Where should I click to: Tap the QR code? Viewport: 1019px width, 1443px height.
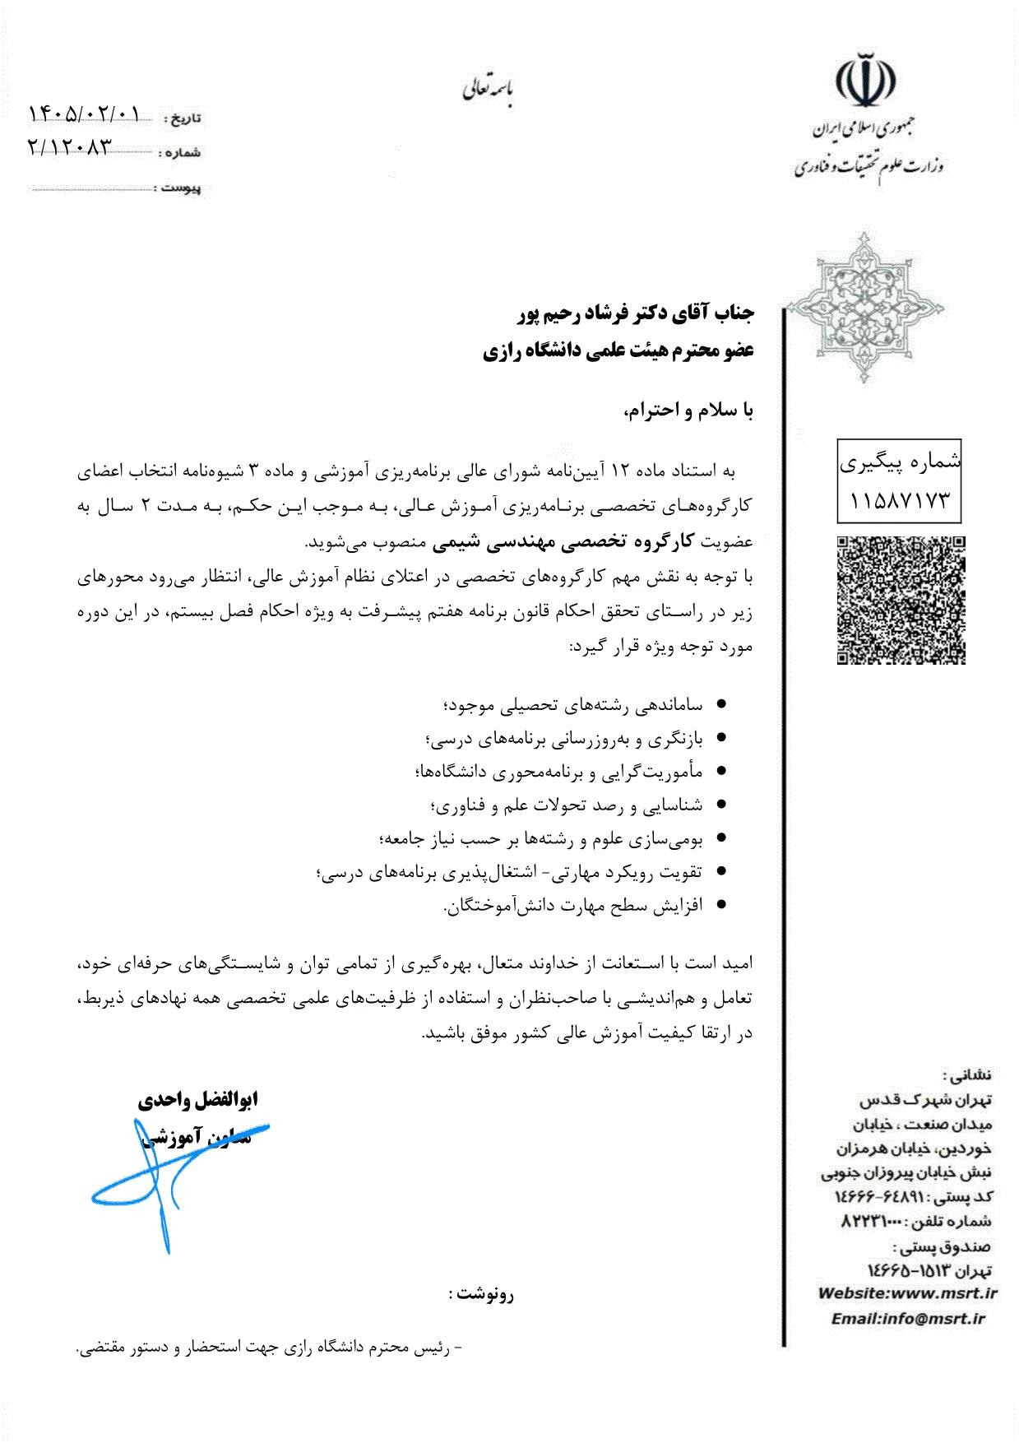[x=901, y=600]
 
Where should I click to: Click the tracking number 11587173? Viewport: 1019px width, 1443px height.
[x=901, y=499]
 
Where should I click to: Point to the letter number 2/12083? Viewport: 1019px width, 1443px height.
[x=69, y=146]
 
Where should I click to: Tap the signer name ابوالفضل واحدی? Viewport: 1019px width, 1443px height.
[x=198, y=1099]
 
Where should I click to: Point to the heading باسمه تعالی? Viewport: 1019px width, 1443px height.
[x=487, y=89]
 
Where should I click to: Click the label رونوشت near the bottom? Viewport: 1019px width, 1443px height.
[x=481, y=1294]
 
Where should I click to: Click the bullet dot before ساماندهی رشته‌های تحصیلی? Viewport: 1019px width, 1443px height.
[x=721, y=704]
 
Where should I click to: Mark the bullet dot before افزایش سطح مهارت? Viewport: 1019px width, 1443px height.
[x=721, y=904]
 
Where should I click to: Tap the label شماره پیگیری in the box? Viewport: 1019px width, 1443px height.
[x=901, y=463]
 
